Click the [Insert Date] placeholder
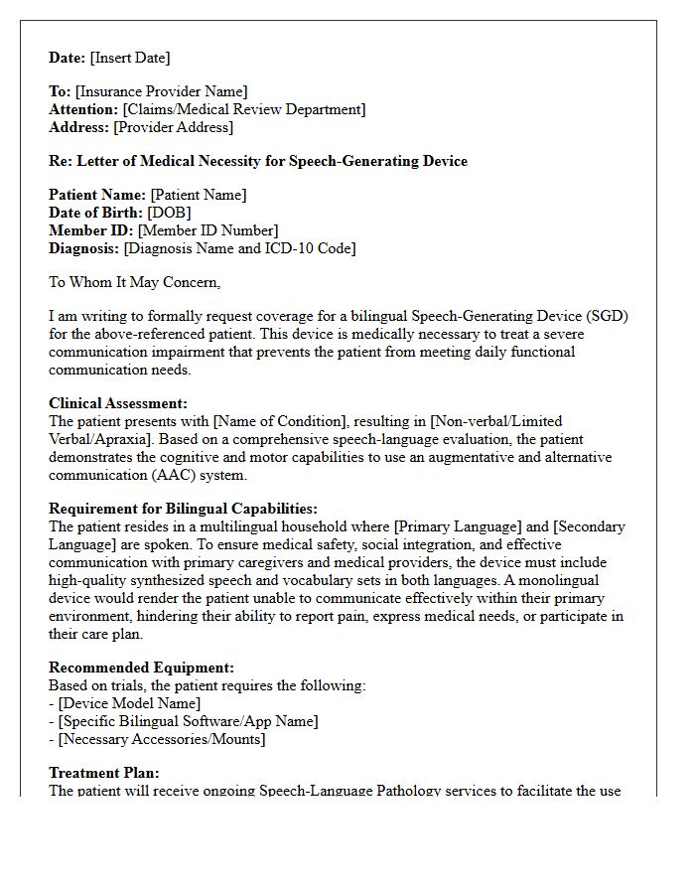tap(130, 58)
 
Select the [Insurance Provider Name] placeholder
tap(162, 92)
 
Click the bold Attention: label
tap(83, 109)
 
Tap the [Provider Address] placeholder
tap(174, 127)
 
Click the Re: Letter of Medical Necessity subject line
tap(258, 161)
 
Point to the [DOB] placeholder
tap(169, 213)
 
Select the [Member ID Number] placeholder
tap(208, 230)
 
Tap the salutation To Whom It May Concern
tap(134, 282)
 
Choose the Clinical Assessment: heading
tap(118, 403)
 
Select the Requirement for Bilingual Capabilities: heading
tap(183, 509)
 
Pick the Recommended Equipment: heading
tap(142, 669)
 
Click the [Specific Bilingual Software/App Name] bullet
tap(188, 721)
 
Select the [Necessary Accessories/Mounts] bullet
tap(162, 739)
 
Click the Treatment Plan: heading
tap(104, 773)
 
